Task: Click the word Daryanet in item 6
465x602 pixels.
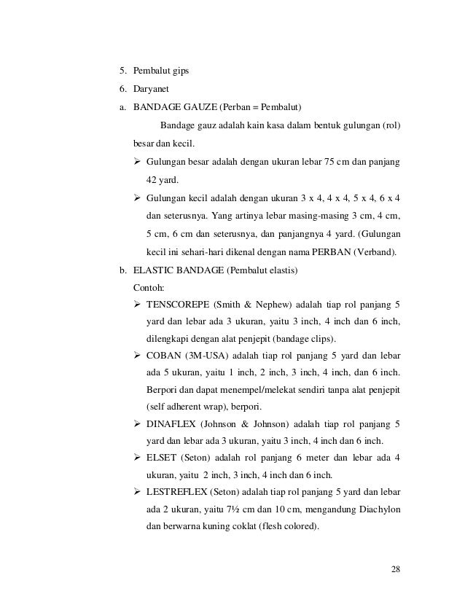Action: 152,88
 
